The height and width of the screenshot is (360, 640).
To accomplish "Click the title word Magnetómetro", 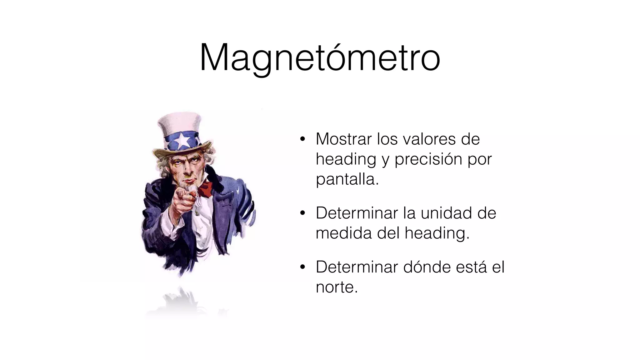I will [x=320, y=58].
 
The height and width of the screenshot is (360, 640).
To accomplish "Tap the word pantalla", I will [x=347, y=179].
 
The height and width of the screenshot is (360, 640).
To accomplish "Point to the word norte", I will [x=336, y=287].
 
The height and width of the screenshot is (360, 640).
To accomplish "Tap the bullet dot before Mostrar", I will [x=302, y=139].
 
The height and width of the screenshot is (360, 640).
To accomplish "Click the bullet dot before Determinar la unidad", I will [x=302, y=214].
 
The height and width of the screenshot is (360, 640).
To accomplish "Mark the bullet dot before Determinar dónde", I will [x=302, y=267].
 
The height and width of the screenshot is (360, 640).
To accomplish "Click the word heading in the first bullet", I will [x=346, y=160].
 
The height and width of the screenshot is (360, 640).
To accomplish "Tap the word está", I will [x=471, y=267].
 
